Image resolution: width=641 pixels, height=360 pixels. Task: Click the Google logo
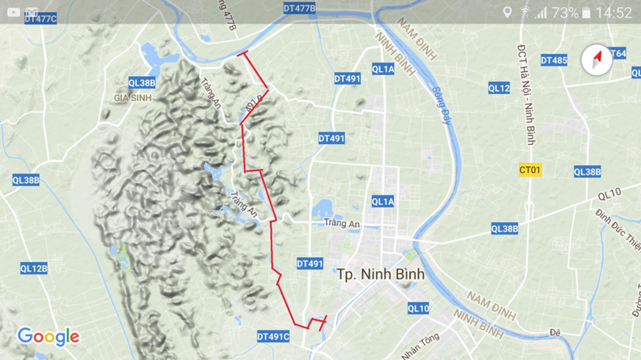click(x=48, y=337)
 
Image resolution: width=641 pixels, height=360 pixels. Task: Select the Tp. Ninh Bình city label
click(x=380, y=275)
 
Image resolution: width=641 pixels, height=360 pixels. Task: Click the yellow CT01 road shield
click(x=529, y=170)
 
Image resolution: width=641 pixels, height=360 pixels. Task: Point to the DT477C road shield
click(x=40, y=18)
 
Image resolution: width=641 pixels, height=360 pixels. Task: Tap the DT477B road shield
click(x=299, y=9)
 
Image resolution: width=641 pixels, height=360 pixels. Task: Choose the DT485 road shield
click(x=553, y=60)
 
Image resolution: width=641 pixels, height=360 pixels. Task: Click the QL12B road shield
click(x=33, y=269)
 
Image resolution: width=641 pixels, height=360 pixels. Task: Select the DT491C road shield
click(x=273, y=337)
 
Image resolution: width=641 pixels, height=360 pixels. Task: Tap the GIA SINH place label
click(x=132, y=98)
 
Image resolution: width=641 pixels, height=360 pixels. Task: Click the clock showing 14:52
click(x=613, y=13)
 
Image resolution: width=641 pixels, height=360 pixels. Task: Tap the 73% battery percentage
click(x=564, y=13)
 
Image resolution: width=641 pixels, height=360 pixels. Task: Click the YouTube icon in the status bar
click(x=13, y=12)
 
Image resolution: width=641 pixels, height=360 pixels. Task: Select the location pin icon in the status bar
click(x=506, y=12)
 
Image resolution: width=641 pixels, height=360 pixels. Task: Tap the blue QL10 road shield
click(x=418, y=309)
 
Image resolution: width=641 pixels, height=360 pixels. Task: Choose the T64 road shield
click(x=617, y=54)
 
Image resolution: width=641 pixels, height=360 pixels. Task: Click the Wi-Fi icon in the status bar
click(x=524, y=13)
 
